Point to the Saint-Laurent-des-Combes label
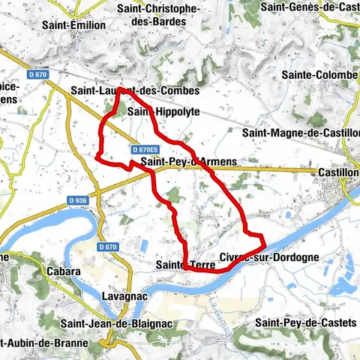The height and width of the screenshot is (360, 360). coord(135,91)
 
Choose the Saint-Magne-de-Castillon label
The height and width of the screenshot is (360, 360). coord(300,133)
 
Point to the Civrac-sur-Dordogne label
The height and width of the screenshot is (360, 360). coord(269,256)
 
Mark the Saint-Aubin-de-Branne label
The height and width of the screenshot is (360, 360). coord(43,343)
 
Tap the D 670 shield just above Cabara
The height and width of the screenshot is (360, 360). coord(108,247)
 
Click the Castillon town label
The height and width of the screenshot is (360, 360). coord(338,172)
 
